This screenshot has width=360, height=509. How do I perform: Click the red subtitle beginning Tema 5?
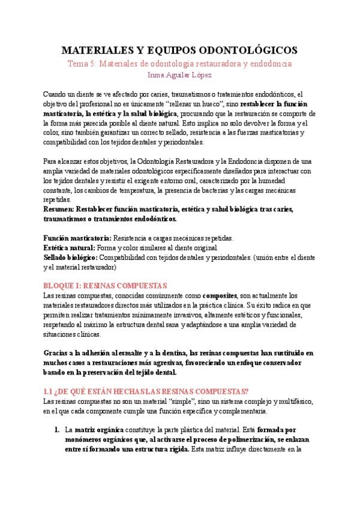pos(179,63)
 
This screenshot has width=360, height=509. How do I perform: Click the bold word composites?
pos(220,295)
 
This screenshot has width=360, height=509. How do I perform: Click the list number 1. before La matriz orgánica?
pos(56,430)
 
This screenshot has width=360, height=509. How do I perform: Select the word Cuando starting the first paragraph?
pos(56,94)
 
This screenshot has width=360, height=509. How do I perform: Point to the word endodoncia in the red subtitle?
pos(269,63)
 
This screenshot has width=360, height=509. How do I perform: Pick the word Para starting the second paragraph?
pos(50,161)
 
